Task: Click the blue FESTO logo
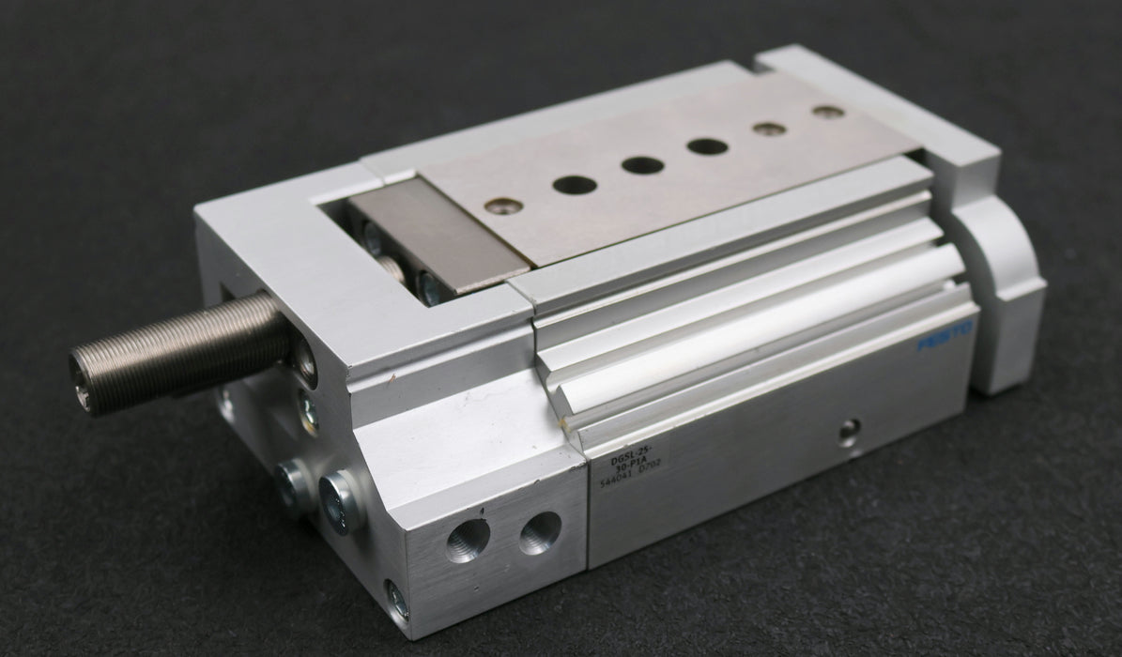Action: (x=947, y=334)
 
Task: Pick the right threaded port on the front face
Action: (x=540, y=532)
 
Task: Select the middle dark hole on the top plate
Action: (x=642, y=165)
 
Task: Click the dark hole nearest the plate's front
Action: (x=575, y=185)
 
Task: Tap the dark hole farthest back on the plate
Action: (x=706, y=146)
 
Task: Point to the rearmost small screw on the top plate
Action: (x=827, y=113)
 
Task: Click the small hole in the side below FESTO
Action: (x=848, y=432)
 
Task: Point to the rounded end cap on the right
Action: (x=1000, y=282)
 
